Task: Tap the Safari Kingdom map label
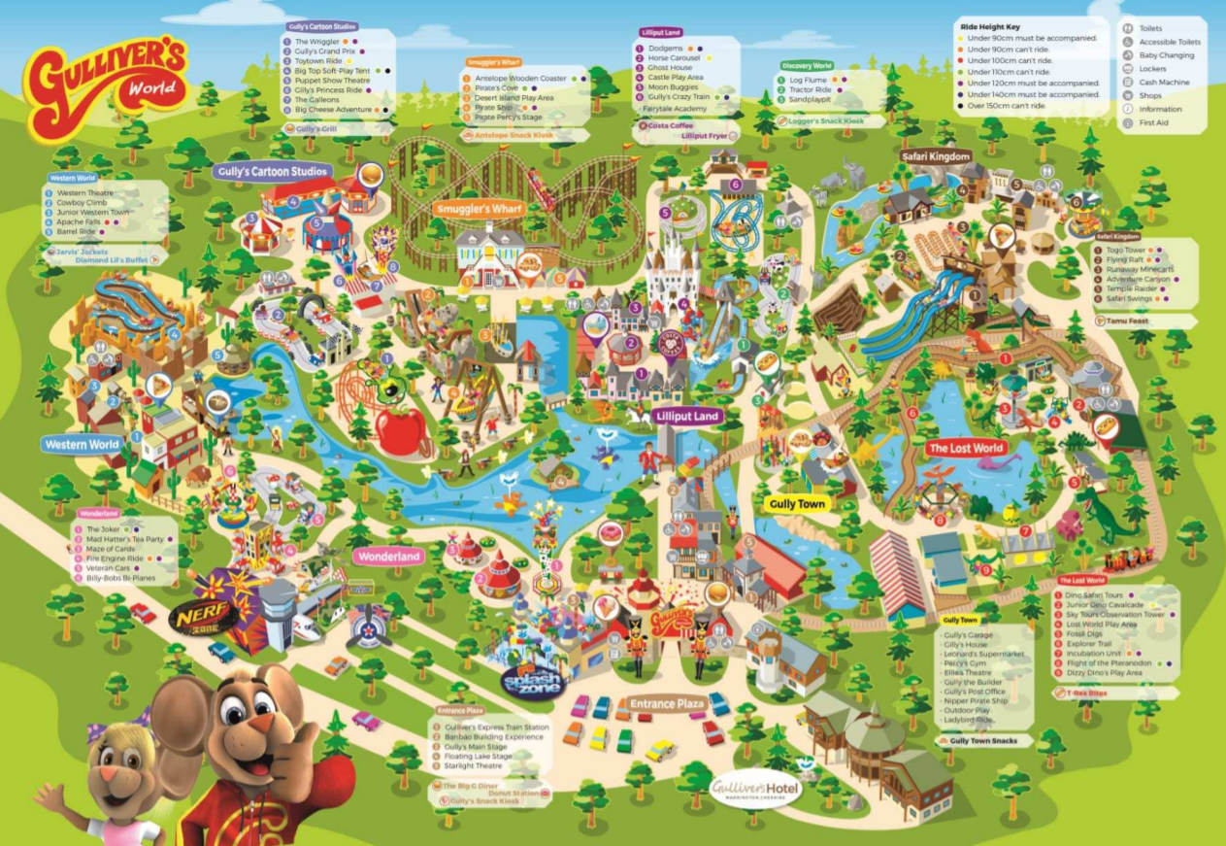[x=936, y=156]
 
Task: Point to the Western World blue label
[x=82, y=445]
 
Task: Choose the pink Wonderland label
[x=389, y=557]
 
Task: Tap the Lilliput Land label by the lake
[x=686, y=417]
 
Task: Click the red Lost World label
[x=965, y=449]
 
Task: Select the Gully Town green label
[x=796, y=504]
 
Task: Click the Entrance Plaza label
[x=666, y=703]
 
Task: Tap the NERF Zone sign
[x=202, y=617]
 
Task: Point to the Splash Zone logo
[x=534, y=682]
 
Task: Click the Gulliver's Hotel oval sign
[x=755, y=788]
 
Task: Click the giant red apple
[x=403, y=430]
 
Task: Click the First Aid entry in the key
[x=1153, y=123]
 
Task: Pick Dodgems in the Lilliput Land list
[x=665, y=48]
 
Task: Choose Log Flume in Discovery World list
[x=808, y=80]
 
